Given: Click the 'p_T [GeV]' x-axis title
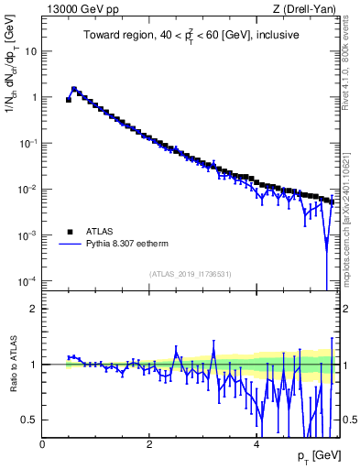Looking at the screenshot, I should point(318,455).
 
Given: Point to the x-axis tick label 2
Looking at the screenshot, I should point(149,443).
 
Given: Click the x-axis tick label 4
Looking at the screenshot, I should point(256,443).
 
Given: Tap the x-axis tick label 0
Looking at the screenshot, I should point(43,443).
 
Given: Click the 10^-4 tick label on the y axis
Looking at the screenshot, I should point(27,280).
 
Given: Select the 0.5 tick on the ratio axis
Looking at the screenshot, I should point(30,419).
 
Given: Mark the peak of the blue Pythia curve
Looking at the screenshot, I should point(74,89).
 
